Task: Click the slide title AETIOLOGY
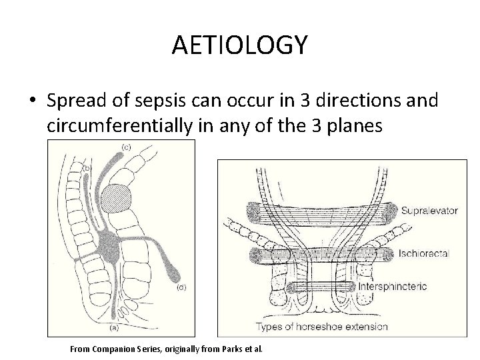click(239, 45)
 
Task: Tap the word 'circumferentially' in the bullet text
click(119, 127)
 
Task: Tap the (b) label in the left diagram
click(86, 169)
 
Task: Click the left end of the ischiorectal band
click(257, 255)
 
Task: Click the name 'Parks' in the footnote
click(232, 348)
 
